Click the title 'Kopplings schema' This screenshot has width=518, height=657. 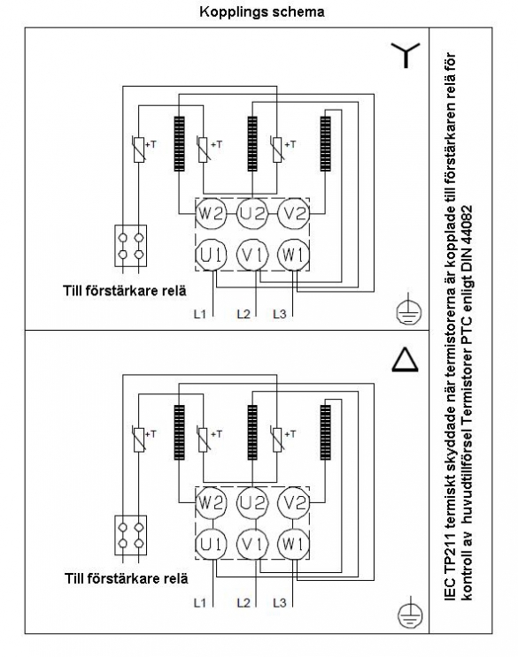coord(262,11)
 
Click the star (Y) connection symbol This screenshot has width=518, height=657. coord(406,55)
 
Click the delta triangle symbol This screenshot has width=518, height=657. coord(406,361)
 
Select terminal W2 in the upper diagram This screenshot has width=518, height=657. coord(211,214)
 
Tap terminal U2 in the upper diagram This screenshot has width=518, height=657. coord(252,214)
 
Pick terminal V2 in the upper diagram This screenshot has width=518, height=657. coord(294,214)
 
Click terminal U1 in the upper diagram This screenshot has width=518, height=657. coord(211,255)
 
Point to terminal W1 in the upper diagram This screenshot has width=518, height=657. coord(294,255)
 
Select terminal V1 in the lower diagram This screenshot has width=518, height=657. coord(252,544)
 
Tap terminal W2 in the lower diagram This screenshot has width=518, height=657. coord(211,502)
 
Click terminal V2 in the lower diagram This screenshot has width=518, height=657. coord(294,502)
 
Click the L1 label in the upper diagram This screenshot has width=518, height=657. coord(199,313)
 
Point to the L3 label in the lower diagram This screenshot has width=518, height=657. coord(279,603)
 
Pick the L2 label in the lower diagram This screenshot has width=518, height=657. coord(244,603)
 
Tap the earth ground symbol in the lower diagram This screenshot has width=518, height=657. coord(410,612)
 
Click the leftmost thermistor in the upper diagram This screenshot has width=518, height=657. coord(139,149)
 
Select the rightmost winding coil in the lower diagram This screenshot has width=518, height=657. coord(326,432)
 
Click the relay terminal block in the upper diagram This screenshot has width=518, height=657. coord(131,246)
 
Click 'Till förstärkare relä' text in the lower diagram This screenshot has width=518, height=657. coord(127,578)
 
